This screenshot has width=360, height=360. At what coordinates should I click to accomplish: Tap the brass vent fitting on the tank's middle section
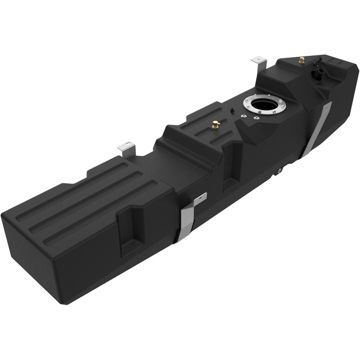click(216, 125)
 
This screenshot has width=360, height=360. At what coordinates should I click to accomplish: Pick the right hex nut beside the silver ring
click(256, 118)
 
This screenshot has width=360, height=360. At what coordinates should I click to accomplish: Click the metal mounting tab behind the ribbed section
click(126, 148)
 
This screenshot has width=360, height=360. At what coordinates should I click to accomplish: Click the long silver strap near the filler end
click(318, 130)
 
